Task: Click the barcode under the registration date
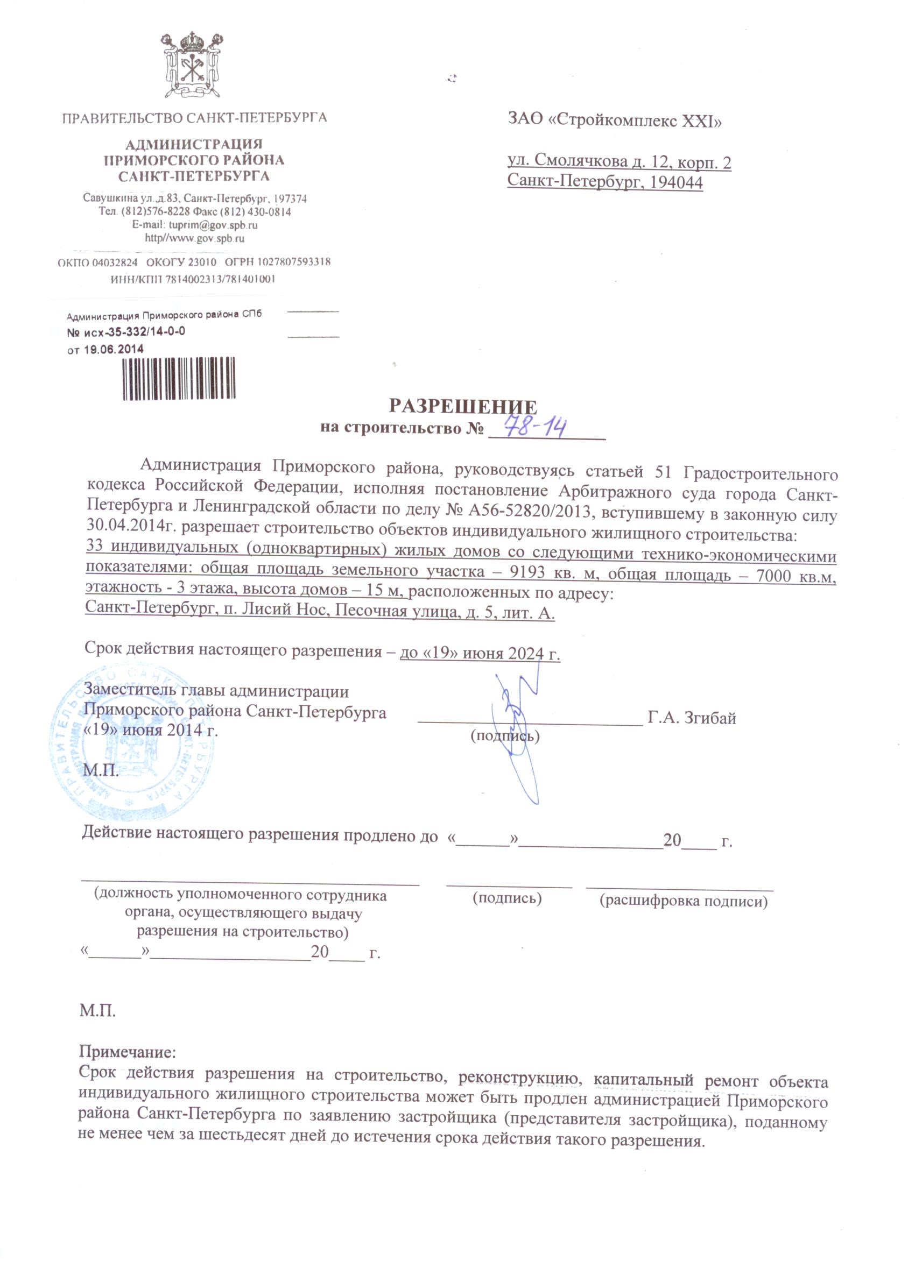coord(179,379)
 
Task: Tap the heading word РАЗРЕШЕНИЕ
coord(462,406)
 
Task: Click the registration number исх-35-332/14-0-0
coord(133,332)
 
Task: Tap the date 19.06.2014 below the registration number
coord(114,349)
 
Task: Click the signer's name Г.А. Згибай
coord(692,718)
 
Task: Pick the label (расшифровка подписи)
coord(684,901)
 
